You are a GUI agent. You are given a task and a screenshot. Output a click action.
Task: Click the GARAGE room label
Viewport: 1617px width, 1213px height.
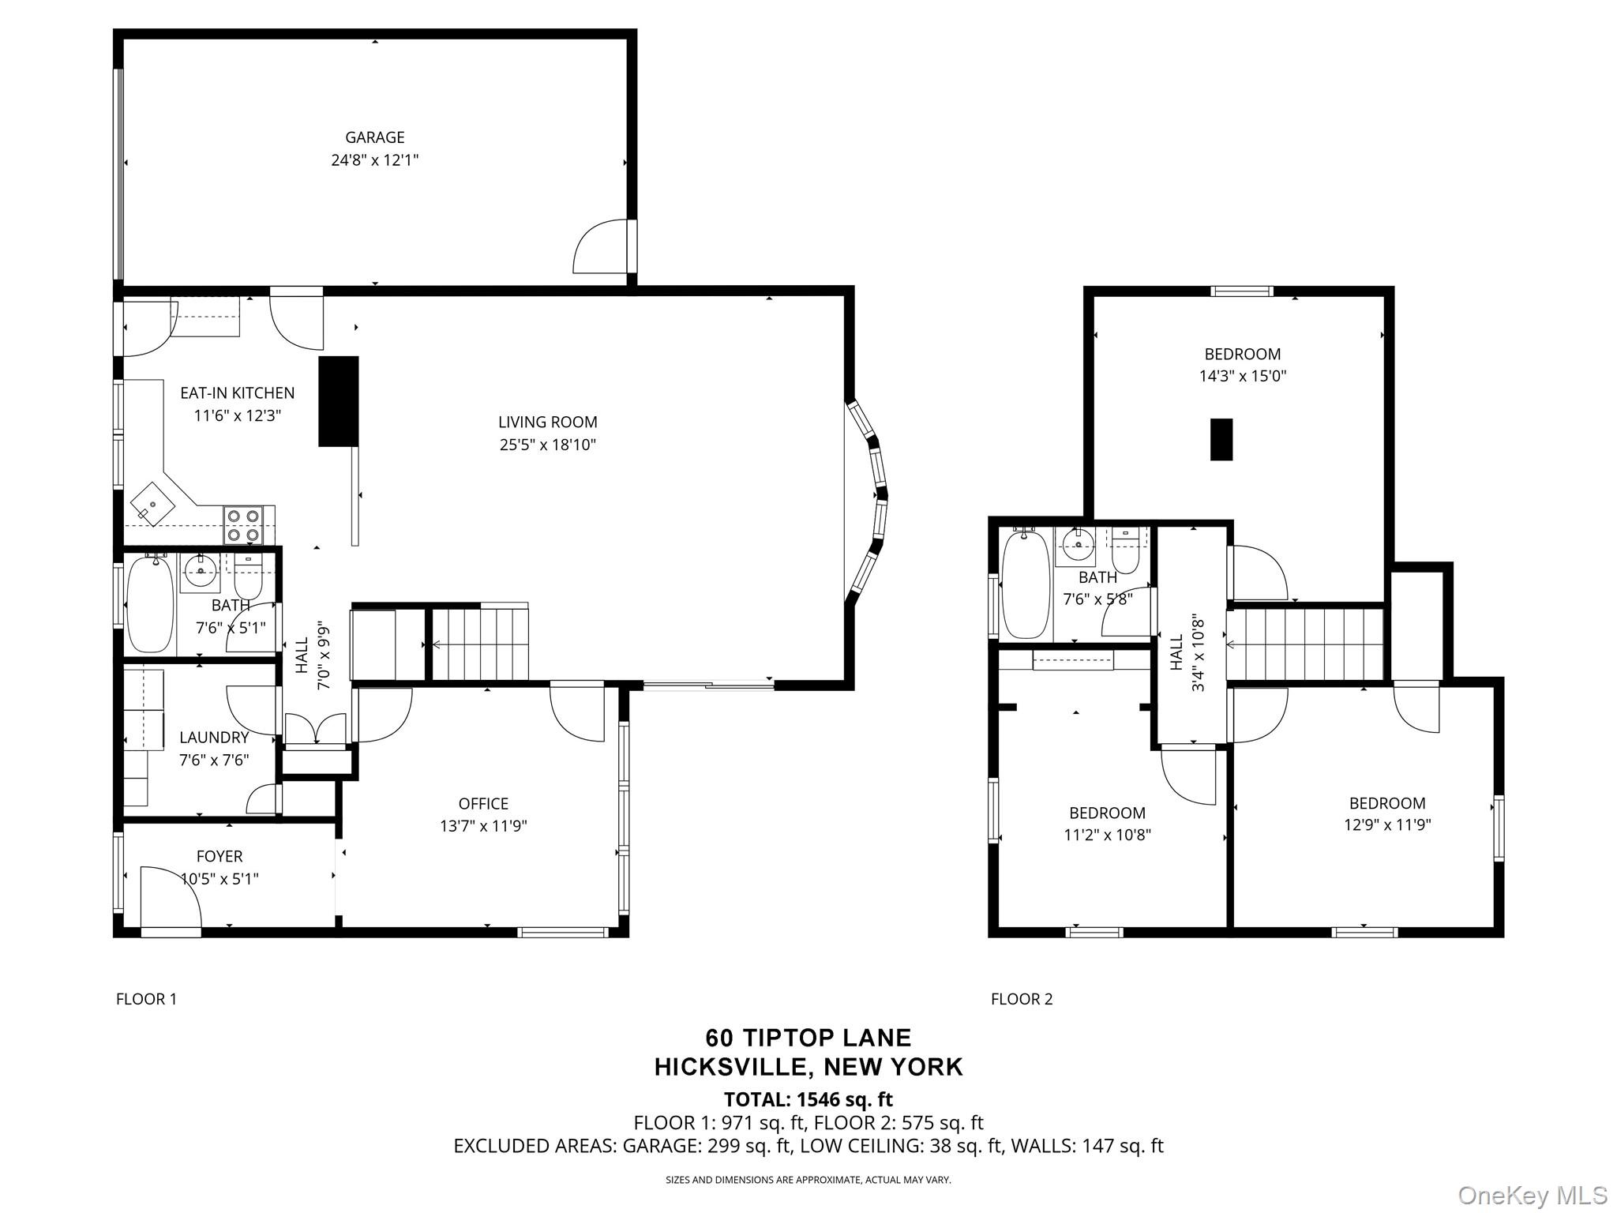tap(374, 137)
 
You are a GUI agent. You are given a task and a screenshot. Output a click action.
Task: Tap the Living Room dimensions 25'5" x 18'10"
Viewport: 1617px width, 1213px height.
tap(547, 445)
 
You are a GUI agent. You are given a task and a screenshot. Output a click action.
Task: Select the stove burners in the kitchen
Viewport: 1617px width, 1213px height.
tap(242, 525)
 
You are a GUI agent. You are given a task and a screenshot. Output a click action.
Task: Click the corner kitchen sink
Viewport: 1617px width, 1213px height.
tap(151, 503)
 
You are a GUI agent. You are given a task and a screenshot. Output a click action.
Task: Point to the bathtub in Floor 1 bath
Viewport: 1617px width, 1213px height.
tap(150, 604)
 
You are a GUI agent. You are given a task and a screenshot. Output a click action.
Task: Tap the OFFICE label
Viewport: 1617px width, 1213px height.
tap(483, 804)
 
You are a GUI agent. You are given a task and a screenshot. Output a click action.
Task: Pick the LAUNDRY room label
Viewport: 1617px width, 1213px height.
tap(214, 738)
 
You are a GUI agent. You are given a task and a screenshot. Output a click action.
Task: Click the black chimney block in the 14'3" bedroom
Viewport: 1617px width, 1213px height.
tap(1221, 439)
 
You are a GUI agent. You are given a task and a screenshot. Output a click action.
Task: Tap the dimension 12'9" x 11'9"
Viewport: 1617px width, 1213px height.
tap(1387, 825)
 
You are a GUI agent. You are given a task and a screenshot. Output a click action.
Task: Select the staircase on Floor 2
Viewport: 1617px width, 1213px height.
tap(1307, 644)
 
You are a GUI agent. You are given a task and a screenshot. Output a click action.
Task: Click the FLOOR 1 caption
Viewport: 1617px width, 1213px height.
tap(146, 999)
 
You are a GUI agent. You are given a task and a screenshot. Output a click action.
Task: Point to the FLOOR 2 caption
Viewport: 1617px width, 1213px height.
tap(1022, 999)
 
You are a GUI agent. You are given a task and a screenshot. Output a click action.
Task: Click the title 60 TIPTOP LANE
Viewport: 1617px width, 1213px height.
tap(808, 1037)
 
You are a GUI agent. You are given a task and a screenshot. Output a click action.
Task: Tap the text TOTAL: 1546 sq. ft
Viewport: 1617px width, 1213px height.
tap(808, 1099)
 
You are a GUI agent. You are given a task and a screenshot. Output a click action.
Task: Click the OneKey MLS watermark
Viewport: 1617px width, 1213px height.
tap(1532, 1195)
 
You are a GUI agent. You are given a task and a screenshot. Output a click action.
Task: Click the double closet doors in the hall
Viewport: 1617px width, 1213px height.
tap(315, 728)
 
